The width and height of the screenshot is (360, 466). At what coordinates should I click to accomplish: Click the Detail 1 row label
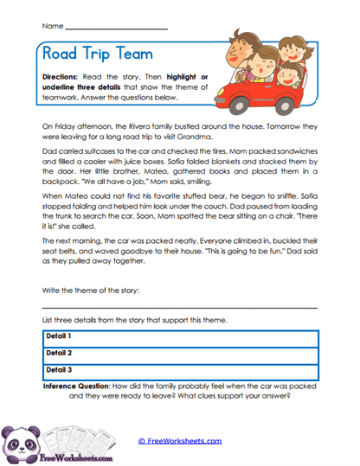[x=58, y=335]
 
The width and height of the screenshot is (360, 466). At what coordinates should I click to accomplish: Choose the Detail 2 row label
[x=58, y=353]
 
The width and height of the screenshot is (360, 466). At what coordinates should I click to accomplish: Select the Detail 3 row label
[x=58, y=370]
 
